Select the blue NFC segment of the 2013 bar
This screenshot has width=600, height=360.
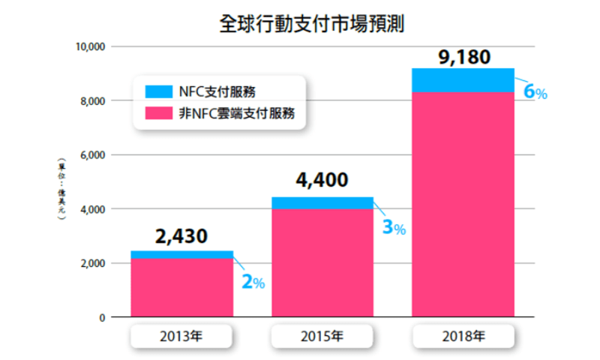(x=181, y=255)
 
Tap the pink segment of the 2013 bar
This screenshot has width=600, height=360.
(x=181, y=289)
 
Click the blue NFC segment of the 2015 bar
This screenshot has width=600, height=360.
(x=322, y=202)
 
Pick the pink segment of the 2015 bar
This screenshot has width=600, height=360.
(x=322, y=262)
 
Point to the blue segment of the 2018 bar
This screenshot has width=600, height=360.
(x=463, y=80)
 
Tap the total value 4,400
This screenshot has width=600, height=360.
(x=322, y=181)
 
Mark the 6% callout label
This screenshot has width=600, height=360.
(x=535, y=93)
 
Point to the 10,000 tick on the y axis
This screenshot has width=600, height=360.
(x=91, y=46)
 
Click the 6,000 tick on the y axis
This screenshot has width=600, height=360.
(x=93, y=155)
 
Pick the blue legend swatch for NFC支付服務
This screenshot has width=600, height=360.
(x=158, y=92)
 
